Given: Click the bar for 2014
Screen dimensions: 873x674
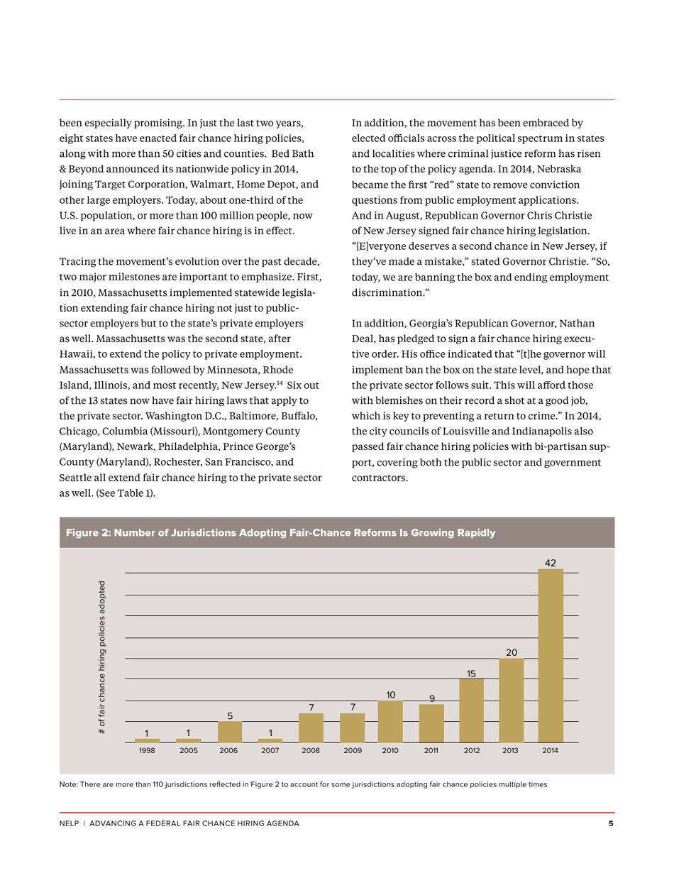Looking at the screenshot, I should point(551,656).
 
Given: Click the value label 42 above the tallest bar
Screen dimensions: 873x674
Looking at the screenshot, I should point(551,563).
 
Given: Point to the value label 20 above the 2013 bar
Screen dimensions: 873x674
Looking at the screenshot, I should point(512,652).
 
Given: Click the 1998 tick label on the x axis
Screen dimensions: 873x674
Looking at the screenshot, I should point(147,750).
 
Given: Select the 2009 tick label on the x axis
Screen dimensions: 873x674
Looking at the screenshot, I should point(353,750).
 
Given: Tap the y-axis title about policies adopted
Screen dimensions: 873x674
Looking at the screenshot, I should point(103,657).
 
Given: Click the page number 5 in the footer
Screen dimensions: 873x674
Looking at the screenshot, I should point(611,823).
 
